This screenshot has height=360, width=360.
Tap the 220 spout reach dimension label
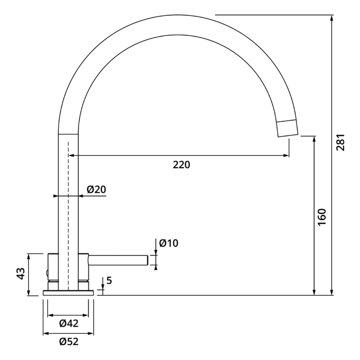pyautogui.click(x=181, y=165)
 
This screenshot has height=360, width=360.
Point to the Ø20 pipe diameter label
pyautogui.click(x=96, y=189)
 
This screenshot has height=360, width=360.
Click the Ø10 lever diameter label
pyautogui.click(x=169, y=243)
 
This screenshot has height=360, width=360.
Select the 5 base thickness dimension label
pyautogui.click(x=109, y=281)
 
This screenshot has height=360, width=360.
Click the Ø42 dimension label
pyautogui.click(x=68, y=323)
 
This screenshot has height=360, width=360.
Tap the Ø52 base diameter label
pyautogui.click(x=68, y=341)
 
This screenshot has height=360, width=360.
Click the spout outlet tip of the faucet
pyautogui.click(x=288, y=128)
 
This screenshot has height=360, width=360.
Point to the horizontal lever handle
pyautogui.click(x=118, y=260)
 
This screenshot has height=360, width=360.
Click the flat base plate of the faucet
pyautogui.click(x=68, y=293)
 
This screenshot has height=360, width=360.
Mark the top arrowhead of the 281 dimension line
pyautogui.click(x=332, y=17)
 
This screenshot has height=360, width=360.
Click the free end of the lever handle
pyautogui.click(x=147, y=260)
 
